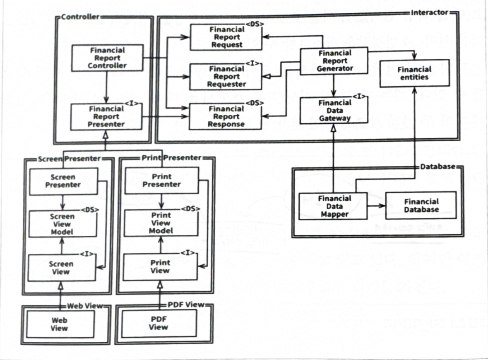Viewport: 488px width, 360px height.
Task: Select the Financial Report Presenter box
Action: click(x=106, y=116)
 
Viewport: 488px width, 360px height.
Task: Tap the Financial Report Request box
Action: click(x=226, y=37)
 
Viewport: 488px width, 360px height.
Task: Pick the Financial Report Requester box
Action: click(x=226, y=77)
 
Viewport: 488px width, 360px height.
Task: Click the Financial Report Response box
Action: click(x=226, y=116)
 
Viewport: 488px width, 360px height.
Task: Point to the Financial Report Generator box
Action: click(x=333, y=61)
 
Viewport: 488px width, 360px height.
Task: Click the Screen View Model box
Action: click(x=62, y=224)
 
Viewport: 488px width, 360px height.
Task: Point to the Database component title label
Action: click(x=438, y=167)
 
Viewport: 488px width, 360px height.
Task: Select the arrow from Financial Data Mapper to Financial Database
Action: click(x=376, y=205)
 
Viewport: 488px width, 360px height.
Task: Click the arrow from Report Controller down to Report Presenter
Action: click(x=107, y=87)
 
